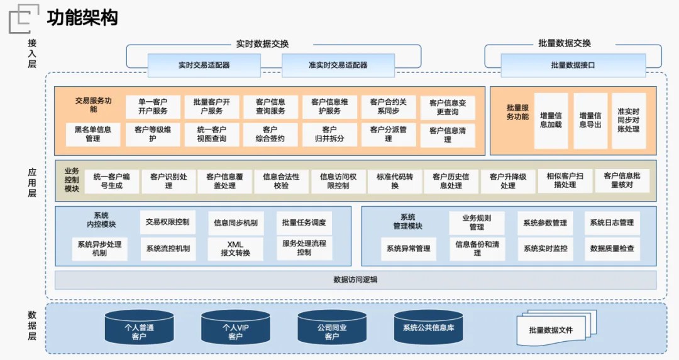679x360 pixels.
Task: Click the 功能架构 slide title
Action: (x=82, y=18)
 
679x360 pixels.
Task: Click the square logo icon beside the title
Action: (x=23, y=18)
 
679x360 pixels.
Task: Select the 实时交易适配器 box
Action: (x=204, y=65)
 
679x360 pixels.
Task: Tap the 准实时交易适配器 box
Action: (x=338, y=65)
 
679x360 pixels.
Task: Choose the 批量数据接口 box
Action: (x=573, y=65)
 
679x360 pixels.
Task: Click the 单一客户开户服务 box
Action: (x=153, y=107)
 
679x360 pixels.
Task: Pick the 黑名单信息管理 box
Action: (x=93, y=134)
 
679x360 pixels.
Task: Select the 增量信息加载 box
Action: (x=551, y=121)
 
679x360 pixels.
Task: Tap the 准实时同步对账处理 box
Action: (x=628, y=121)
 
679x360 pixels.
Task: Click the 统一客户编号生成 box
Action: (x=112, y=181)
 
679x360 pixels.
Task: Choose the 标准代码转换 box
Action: (x=395, y=181)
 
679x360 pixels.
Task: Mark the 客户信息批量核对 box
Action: (x=622, y=181)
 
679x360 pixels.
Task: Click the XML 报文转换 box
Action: (x=235, y=249)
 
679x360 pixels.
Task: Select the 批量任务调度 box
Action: (x=304, y=222)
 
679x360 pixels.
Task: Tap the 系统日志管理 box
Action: (x=612, y=223)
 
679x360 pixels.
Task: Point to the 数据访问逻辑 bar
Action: (x=355, y=280)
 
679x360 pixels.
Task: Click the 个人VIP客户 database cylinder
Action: (x=235, y=328)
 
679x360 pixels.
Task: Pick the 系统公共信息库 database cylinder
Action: (x=428, y=327)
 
